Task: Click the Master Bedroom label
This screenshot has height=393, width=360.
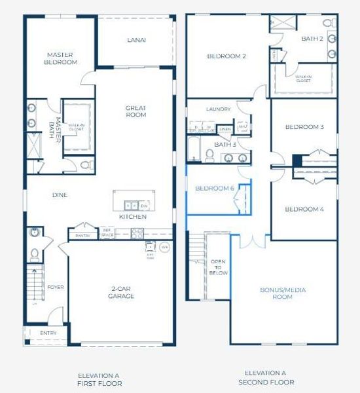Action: tap(62, 59)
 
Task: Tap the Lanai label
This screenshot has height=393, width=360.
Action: tap(136, 40)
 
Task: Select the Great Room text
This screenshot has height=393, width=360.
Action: tap(136, 111)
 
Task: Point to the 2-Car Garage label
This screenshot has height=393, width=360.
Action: tap(121, 292)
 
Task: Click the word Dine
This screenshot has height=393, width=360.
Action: tap(60, 195)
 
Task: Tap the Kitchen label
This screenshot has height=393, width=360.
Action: tap(132, 216)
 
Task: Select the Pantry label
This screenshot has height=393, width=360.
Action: tap(82, 235)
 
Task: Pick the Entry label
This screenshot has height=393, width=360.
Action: tap(48, 333)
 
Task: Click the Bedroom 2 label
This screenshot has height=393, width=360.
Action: tap(226, 56)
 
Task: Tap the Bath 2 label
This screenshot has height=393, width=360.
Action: tap(312, 39)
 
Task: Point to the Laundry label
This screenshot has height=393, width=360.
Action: tap(218, 109)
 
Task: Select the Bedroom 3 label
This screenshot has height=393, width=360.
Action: tap(304, 127)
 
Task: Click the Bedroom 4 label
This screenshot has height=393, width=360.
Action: tap(304, 210)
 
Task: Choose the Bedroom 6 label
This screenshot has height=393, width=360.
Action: tap(215, 188)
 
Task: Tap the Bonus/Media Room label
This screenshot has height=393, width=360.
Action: tap(283, 293)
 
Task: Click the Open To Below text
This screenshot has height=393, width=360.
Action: tap(219, 267)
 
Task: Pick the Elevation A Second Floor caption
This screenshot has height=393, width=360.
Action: tap(266, 377)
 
